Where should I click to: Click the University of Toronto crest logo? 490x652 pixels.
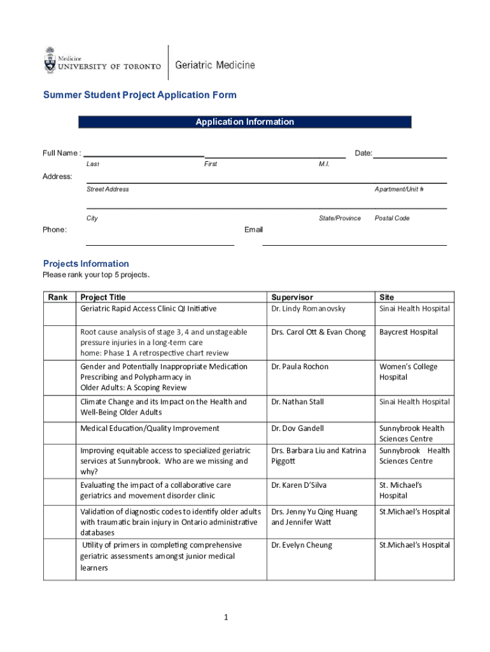tap(50, 60)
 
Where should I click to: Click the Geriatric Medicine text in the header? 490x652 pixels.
tap(214, 65)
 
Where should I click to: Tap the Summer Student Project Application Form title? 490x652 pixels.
tap(139, 95)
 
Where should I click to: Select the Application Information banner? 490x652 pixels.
tap(244, 122)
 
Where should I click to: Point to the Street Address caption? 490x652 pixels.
tap(108, 189)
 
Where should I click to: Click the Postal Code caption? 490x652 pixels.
tap(392, 218)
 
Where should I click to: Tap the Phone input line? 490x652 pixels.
tap(160, 244)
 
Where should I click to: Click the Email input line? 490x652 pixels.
tap(354, 244)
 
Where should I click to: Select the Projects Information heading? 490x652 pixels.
tap(86, 264)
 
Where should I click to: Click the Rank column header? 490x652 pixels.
tap(57, 297)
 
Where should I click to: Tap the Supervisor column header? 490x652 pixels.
tap(292, 297)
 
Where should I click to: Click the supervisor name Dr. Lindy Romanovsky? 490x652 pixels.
tap(309, 309)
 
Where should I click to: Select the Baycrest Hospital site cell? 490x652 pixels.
tap(409, 332)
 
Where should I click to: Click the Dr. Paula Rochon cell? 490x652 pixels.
tap(301, 367)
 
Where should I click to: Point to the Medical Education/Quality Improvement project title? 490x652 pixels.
tap(150, 429)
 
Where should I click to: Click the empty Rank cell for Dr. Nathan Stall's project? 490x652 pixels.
tap(59, 407)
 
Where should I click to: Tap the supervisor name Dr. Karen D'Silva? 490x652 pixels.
tap(299, 485)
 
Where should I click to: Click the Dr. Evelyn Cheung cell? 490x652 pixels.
tap(302, 545)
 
